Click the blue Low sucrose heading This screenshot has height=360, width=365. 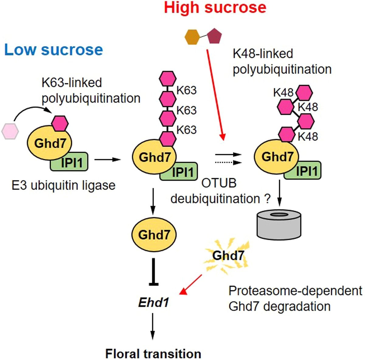[54, 50]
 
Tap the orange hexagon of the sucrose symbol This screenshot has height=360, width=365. [192, 37]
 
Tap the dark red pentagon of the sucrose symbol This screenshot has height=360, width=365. [215, 37]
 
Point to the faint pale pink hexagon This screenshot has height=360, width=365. [10, 132]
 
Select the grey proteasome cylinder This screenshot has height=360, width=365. [279, 225]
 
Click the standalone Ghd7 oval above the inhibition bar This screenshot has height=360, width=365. [154, 235]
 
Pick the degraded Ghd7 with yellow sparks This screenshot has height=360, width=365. [228, 255]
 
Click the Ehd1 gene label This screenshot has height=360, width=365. [154, 302]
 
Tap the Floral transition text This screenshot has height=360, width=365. [153, 354]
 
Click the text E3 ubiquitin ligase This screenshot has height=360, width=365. [64, 185]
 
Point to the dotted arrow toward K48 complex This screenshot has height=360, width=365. [228, 163]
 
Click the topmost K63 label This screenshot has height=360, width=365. [186, 90]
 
